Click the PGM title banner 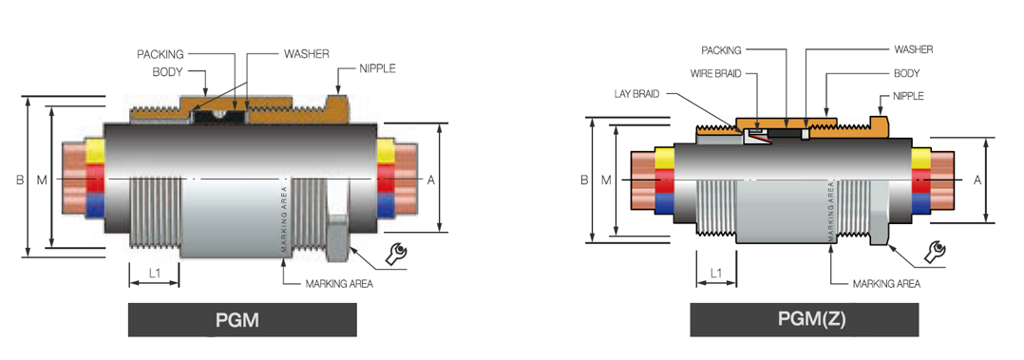tap(242, 320)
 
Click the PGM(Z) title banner tap(804, 319)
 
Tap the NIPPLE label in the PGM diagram tap(377, 68)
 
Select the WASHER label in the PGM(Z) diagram tap(913, 49)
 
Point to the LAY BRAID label tap(636, 94)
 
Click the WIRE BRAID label tap(716, 74)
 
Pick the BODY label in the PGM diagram tap(168, 72)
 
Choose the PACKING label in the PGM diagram tap(160, 54)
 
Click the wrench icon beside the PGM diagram tap(396, 253)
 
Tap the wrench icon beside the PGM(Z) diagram tap(937, 253)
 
